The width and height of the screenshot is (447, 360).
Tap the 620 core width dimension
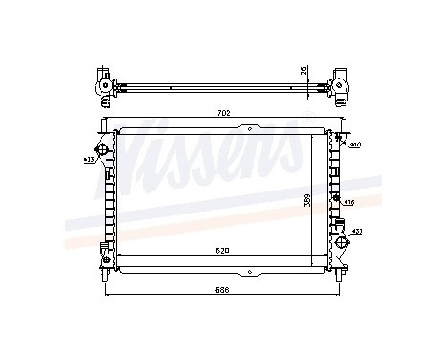pos(221,251)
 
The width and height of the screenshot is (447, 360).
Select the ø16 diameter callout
pos(350,202)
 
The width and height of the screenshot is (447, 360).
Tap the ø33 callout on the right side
pos(356,231)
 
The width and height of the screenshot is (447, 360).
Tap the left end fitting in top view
pos(103,85)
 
